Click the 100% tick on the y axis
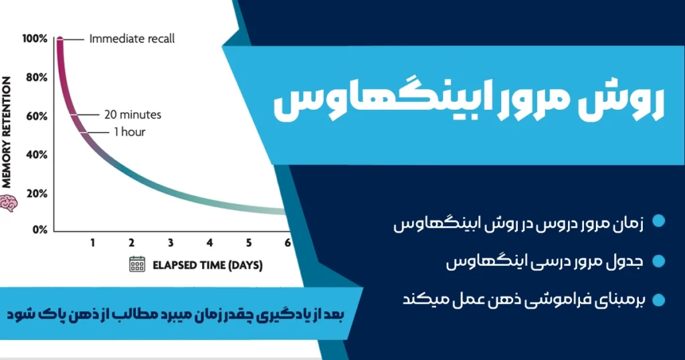[x=35, y=39]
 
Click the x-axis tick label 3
[x=171, y=242]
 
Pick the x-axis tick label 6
[x=288, y=242]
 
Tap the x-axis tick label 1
[x=93, y=242]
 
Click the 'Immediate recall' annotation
[x=132, y=39]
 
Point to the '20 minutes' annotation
[x=132, y=114]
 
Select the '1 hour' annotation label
[x=129, y=132]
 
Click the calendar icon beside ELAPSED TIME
[x=137, y=264]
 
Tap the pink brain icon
[x=8, y=203]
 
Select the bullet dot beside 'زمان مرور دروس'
[x=659, y=222]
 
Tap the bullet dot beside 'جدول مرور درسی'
[x=659, y=261]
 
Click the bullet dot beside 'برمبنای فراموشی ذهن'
[x=659, y=299]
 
